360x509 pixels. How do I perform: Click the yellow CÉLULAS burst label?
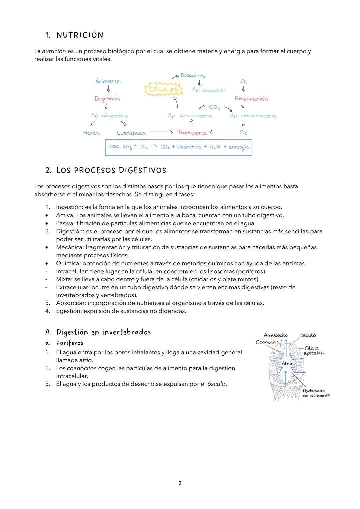click(x=163, y=89)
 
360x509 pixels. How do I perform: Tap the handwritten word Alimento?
click(x=108, y=81)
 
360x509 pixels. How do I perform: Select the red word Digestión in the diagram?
click(x=107, y=99)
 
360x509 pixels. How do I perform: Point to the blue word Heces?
click(x=91, y=133)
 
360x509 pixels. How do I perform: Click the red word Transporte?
click(x=192, y=133)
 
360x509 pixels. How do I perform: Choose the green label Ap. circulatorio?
click(x=190, y=116)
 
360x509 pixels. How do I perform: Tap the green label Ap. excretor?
click(x=209, y=90)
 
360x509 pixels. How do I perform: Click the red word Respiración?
click(x=251, y=99)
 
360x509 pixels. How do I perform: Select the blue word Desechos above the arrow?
click(x=193, y=76)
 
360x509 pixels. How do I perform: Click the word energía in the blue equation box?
click(x=239, y=147)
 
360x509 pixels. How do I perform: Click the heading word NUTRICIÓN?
click(x=80, y=35)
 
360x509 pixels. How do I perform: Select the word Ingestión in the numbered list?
click(x=69, y=207)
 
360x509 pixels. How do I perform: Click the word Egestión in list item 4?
click(x=69, y=311)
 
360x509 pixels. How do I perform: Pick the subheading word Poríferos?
click(x=70, y=343)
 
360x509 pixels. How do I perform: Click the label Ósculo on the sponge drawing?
click(x=307, y=335)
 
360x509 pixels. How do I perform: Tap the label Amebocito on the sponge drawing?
click(x=275, y=335)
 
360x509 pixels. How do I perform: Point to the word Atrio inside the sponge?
click(x=287, y=363)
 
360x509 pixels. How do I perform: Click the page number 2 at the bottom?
click(x=180, y=483)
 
